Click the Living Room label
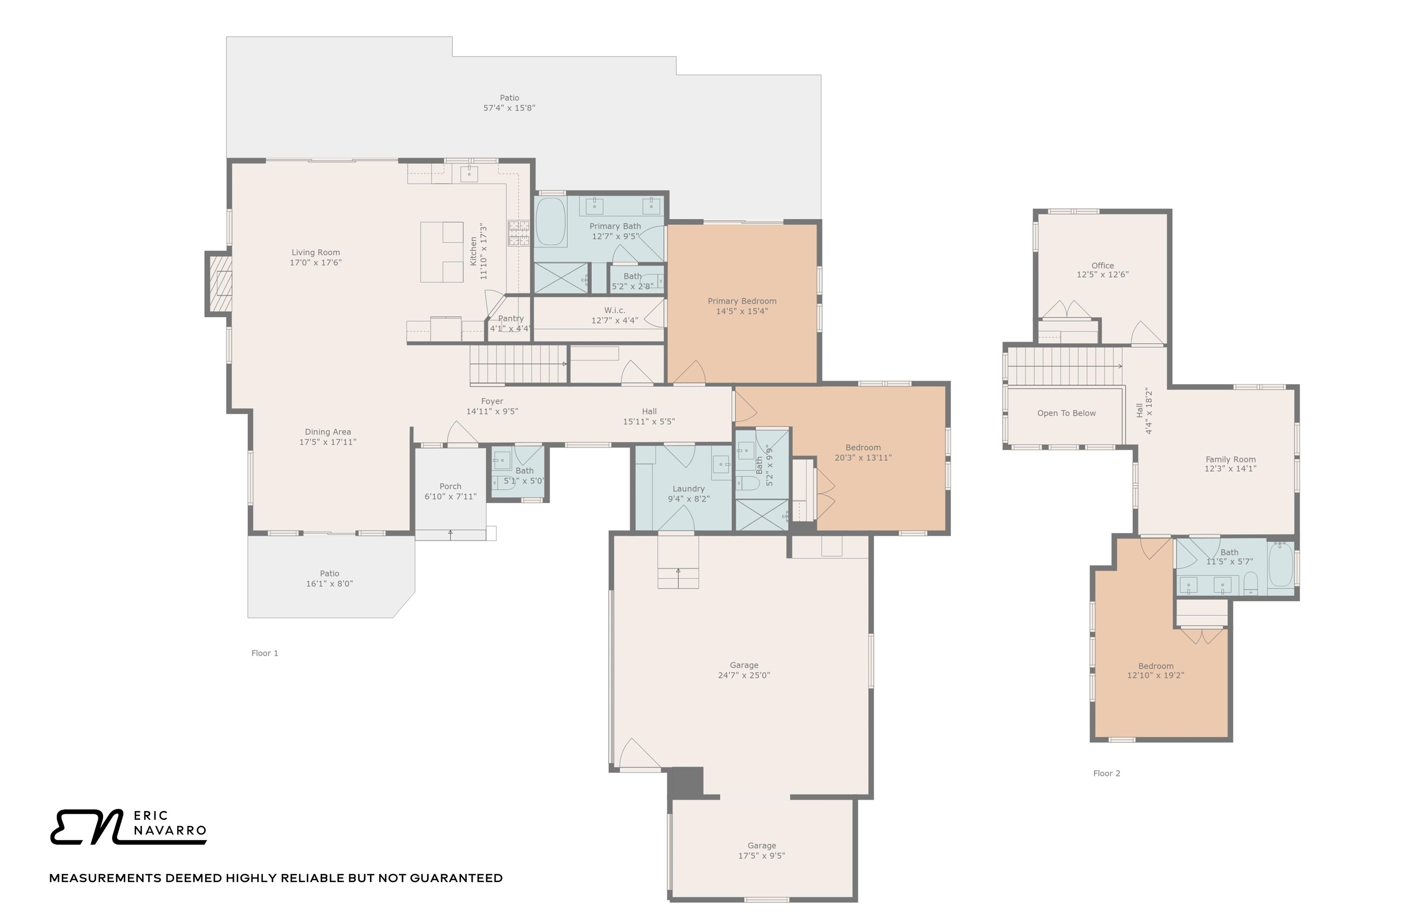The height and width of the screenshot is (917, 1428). (315, 252)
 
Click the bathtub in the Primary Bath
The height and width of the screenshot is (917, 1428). (550, 222)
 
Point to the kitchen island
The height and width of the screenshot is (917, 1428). (442, 252)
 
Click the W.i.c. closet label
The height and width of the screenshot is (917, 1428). (614, 310)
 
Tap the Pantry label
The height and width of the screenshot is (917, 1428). (510, 319)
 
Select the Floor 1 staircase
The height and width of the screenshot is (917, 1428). (517, 364)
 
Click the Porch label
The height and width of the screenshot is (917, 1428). (450, 486)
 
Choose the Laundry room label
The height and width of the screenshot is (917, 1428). (688, 489)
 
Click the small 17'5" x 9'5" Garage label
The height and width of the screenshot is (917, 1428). (761, 845)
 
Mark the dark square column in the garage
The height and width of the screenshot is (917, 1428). (685, 781)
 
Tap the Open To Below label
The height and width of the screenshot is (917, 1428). (1066, 413)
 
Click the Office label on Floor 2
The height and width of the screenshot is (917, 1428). (1102, 266)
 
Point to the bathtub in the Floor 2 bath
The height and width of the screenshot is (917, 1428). (1280, 566)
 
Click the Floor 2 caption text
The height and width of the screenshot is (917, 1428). (1106, 773)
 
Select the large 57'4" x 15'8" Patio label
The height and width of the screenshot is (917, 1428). (509, 98)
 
